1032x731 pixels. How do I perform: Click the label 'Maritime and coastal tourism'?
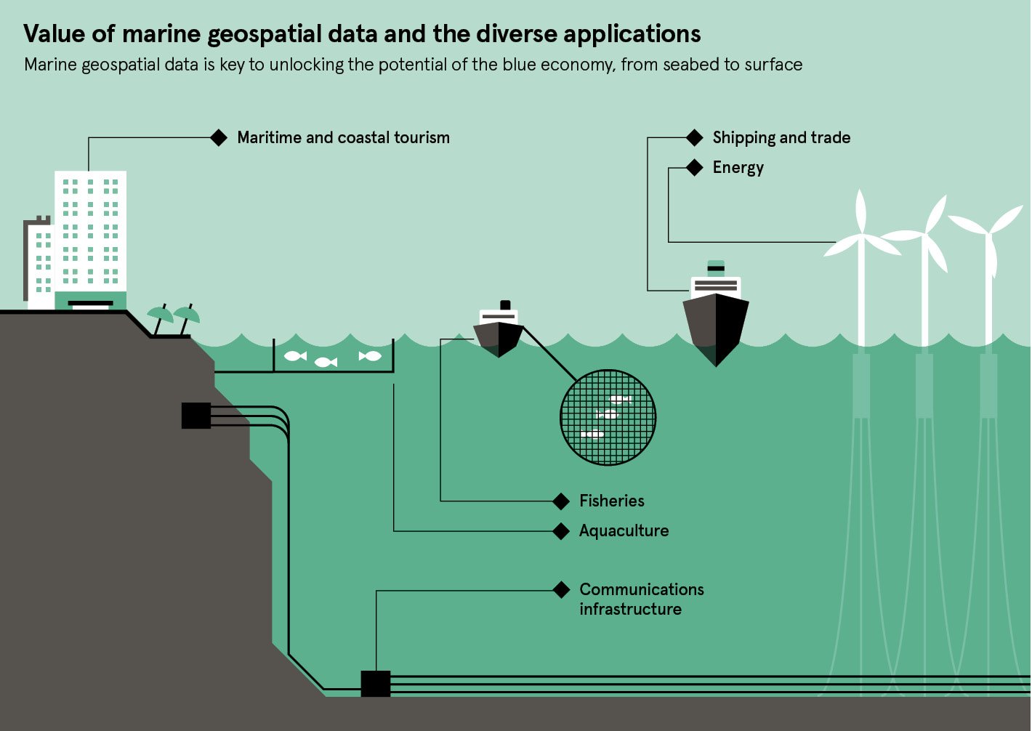pos(343,138)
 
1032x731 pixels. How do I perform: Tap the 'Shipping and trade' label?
pos(781,138)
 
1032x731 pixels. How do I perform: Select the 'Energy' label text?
pos(738,168)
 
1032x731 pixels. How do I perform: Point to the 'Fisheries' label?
pos(611,501)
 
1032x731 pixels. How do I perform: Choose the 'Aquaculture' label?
pos(624,531)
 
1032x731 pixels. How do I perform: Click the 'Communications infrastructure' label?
pos(641,599)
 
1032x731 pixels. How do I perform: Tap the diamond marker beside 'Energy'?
pos(695,168)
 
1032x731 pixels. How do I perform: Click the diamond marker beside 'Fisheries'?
pos(561,501)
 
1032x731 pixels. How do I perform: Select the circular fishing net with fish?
pos(608,417)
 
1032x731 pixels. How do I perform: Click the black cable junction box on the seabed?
pos(376,684)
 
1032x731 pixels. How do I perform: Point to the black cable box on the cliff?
pos(195,416)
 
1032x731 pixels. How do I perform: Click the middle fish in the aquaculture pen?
pos(326,361)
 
